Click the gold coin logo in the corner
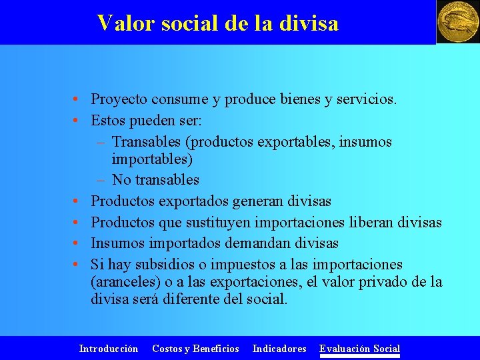(457, 22)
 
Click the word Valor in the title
(121, 23)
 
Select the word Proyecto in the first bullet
(119, 100)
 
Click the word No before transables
(121, 180)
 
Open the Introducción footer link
(109, 349)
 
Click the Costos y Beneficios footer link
(195, 349)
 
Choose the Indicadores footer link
(279, 349)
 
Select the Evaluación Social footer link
(359, 349)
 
